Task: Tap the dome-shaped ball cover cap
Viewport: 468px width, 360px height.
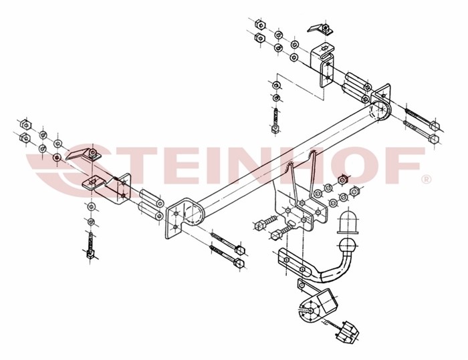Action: pyautogui.click(x=349, y=222)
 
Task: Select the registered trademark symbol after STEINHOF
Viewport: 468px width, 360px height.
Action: pyautogui.click(x=425, y=179)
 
